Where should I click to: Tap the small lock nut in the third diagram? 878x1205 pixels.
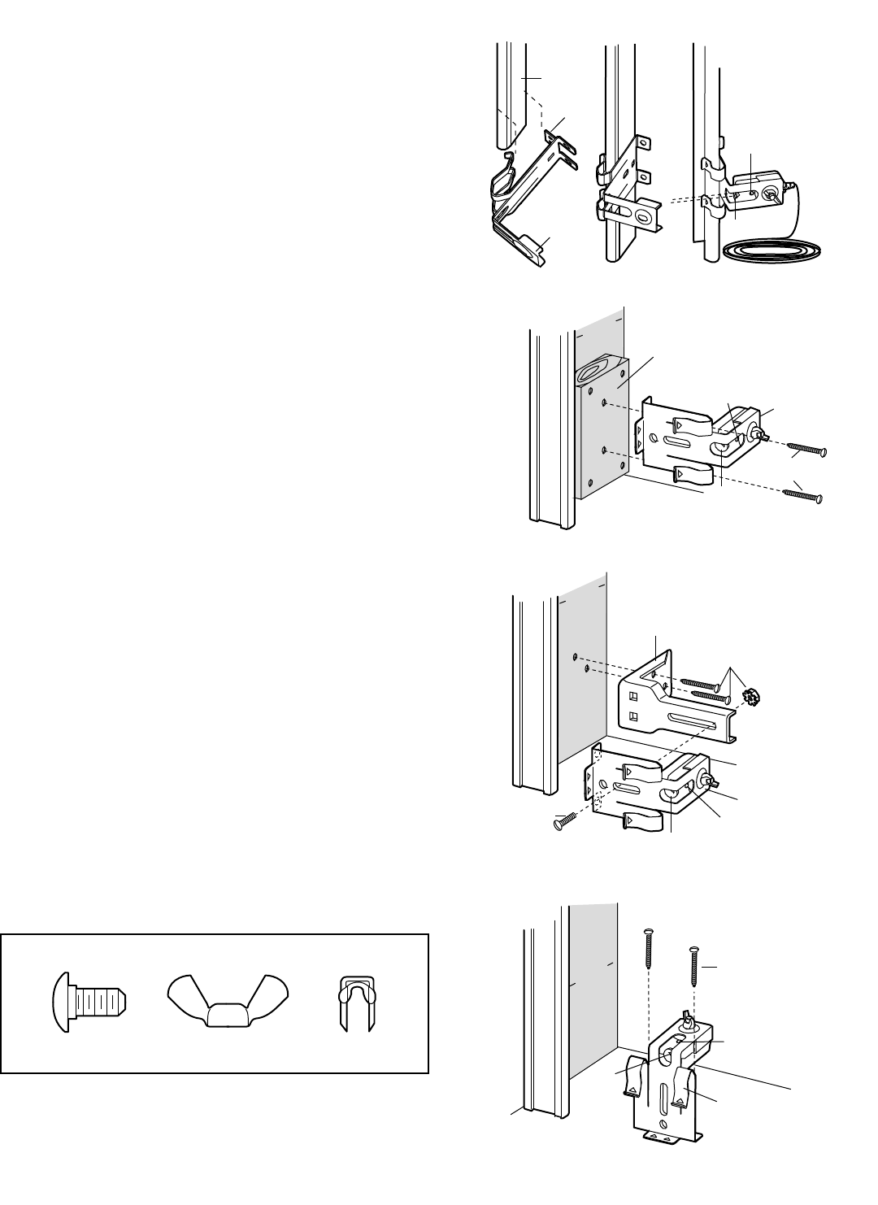coord(754,696)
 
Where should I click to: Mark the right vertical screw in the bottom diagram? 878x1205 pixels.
coord(694,966)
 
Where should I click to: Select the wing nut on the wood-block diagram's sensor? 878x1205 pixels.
coord(762,434)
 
